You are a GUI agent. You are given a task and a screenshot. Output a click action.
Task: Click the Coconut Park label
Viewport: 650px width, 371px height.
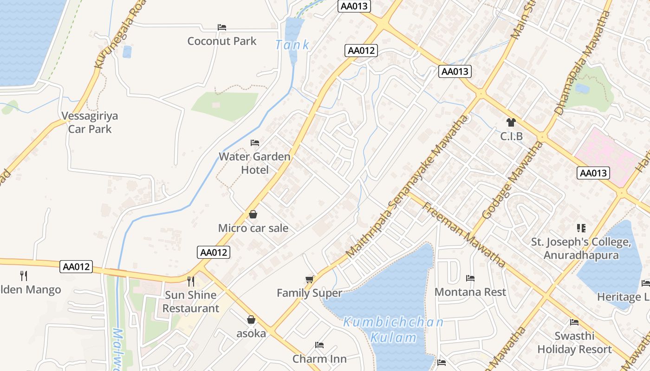[221, 41]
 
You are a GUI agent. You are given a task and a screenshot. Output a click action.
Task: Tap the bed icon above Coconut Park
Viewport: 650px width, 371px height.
[222, 27]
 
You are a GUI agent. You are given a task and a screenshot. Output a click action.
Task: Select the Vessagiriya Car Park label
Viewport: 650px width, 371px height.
[90, 122]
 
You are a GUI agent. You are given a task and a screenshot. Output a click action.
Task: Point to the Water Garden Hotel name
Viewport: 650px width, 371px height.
[254, 163]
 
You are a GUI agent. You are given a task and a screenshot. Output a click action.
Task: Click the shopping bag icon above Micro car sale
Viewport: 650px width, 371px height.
[253, 214]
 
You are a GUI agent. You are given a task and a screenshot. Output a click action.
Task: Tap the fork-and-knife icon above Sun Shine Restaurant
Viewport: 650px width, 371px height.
[190, 281]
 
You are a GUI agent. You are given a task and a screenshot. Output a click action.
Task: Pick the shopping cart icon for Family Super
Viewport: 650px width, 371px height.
[310, 279]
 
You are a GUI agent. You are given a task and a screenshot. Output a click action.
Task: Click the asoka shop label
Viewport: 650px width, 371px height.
[251, 333]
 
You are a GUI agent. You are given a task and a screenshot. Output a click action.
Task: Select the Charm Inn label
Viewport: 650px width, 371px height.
[319, 358]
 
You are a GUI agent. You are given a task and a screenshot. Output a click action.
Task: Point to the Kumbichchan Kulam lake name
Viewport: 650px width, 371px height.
[393, 329]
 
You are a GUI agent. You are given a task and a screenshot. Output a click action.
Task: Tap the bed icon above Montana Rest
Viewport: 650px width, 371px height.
[470, 278]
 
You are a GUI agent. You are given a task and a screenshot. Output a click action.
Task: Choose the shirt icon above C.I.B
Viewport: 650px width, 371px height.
[511, 122]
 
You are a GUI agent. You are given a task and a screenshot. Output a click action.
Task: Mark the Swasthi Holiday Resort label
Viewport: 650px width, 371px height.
[574, 342]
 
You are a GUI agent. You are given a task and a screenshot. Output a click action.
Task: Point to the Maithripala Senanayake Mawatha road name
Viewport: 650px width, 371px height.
[407, 187]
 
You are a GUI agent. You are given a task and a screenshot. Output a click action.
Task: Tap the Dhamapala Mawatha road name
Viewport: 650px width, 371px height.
[582, 62]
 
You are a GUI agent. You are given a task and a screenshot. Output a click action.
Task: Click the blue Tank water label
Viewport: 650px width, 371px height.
[292, 45]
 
